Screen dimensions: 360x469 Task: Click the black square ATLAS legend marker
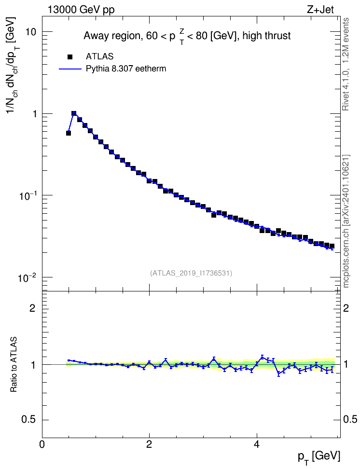[x=70, y=57]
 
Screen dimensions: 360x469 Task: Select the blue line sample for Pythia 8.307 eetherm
[x=70, y=69]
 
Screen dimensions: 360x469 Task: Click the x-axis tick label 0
[x=42, y=444]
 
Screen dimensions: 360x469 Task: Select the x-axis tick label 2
[x=149, y=444]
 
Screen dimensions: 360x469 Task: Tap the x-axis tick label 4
[x=256, y=444]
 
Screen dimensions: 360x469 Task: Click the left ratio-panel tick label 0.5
[x=29, y=420]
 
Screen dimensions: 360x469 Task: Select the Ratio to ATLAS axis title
[x=14, y=364]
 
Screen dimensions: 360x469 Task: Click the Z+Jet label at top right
[x=320, y=10]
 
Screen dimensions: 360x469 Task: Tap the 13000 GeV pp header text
[x=81, y=10]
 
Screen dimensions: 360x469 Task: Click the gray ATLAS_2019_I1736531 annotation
[x=191, y=273]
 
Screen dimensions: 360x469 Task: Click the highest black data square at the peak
[x=74, y=114]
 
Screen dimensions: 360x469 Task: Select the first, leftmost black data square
[x=69, y=133]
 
